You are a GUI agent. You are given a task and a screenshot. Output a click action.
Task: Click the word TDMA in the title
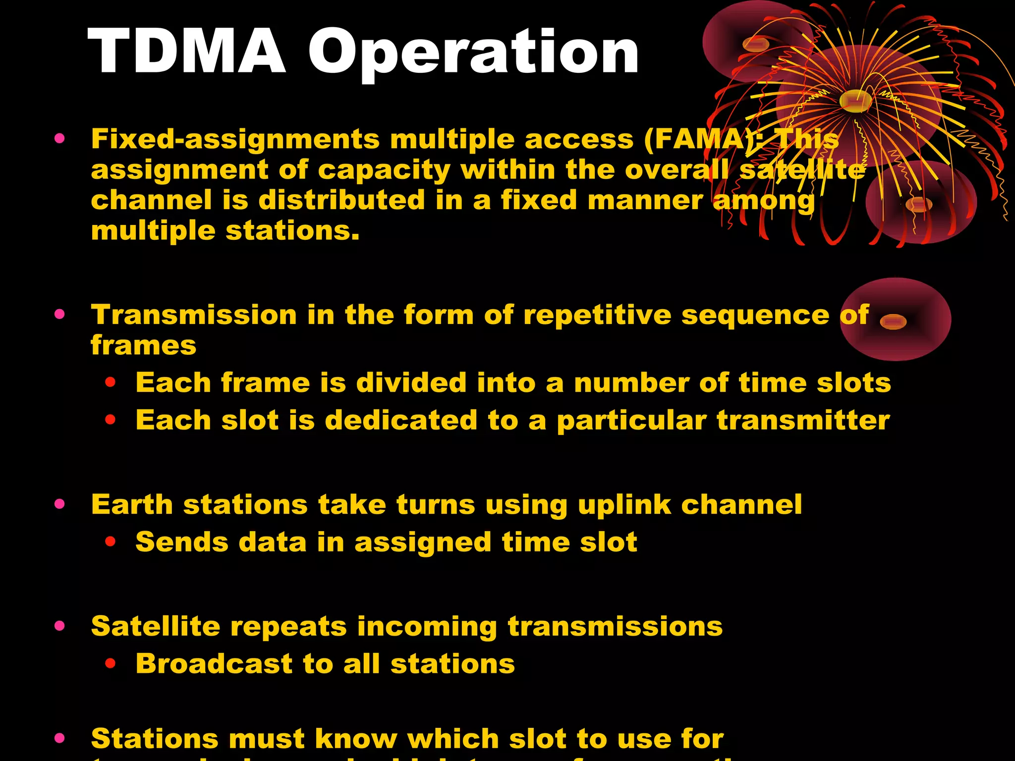pos(187,51)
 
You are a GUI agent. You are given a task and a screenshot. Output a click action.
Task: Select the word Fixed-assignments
pos(235,140)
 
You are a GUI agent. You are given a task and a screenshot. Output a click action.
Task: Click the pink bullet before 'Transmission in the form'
pos(60,314)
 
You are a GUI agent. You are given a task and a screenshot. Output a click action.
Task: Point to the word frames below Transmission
pos(143,345)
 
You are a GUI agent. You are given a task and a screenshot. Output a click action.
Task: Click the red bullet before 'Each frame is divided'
pos(110,382)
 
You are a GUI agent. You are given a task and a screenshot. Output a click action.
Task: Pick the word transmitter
pos(803,421)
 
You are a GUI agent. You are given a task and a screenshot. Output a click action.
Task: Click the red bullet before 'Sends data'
pos(110,542)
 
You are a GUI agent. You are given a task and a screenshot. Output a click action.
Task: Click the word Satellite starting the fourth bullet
pos(156,626)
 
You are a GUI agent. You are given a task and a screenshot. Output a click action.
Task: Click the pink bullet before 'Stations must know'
pos(60,739)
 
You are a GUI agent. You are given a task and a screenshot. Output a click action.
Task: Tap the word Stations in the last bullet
pos(154,739)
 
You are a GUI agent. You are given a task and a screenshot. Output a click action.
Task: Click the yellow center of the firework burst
pos(856,101)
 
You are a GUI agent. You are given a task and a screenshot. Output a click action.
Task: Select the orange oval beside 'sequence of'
pos(893,322)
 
